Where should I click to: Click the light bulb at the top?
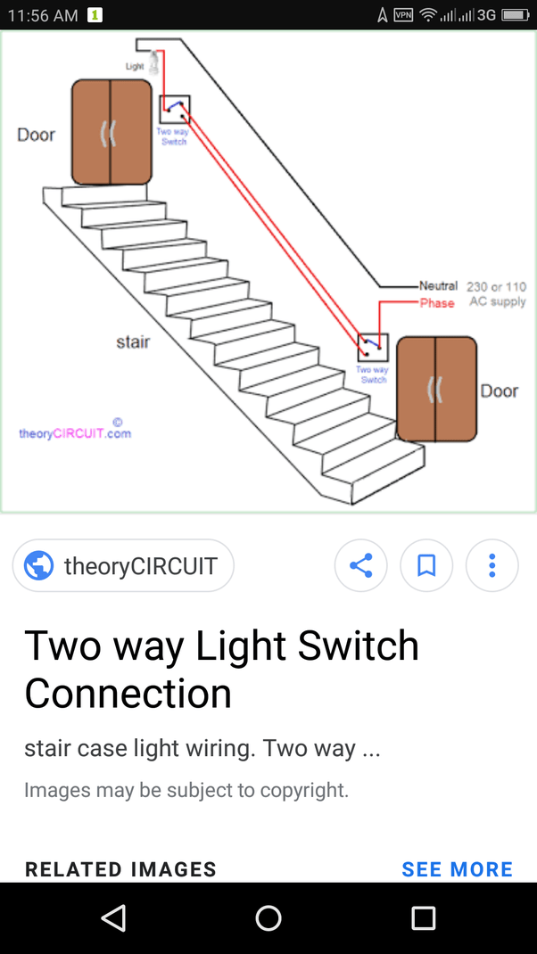154,62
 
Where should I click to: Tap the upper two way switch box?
174,109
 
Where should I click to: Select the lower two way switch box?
373,347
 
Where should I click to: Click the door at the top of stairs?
112,132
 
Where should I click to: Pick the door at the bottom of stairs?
436,389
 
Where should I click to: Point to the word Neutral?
438,286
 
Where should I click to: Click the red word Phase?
437,303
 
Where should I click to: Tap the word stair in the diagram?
133,341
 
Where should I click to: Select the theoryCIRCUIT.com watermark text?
75,433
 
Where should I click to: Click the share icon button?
360,565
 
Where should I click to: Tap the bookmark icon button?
426,565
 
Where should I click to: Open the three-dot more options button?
492,565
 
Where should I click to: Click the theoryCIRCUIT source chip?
123,565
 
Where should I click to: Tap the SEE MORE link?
457,869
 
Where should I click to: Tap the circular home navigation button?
268,918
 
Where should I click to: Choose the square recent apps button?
423,918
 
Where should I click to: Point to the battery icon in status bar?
516,15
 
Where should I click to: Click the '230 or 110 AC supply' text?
496,294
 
